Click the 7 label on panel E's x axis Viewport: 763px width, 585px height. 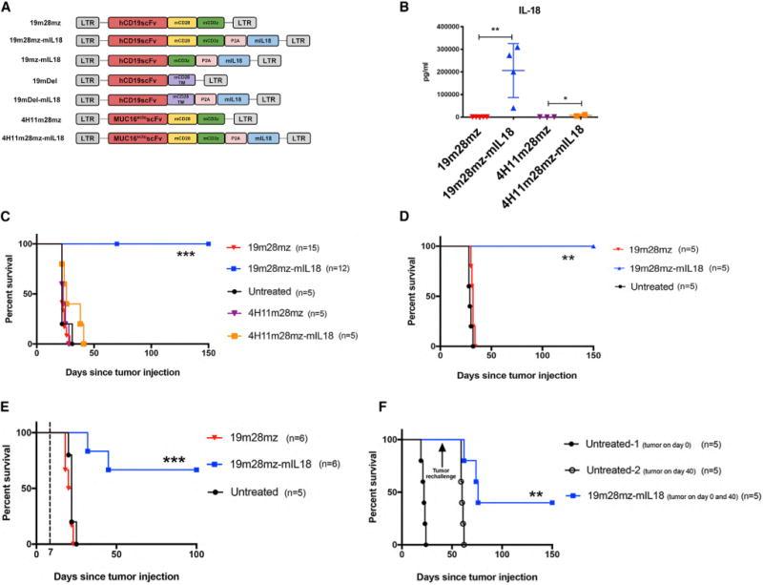pos(49,555)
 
